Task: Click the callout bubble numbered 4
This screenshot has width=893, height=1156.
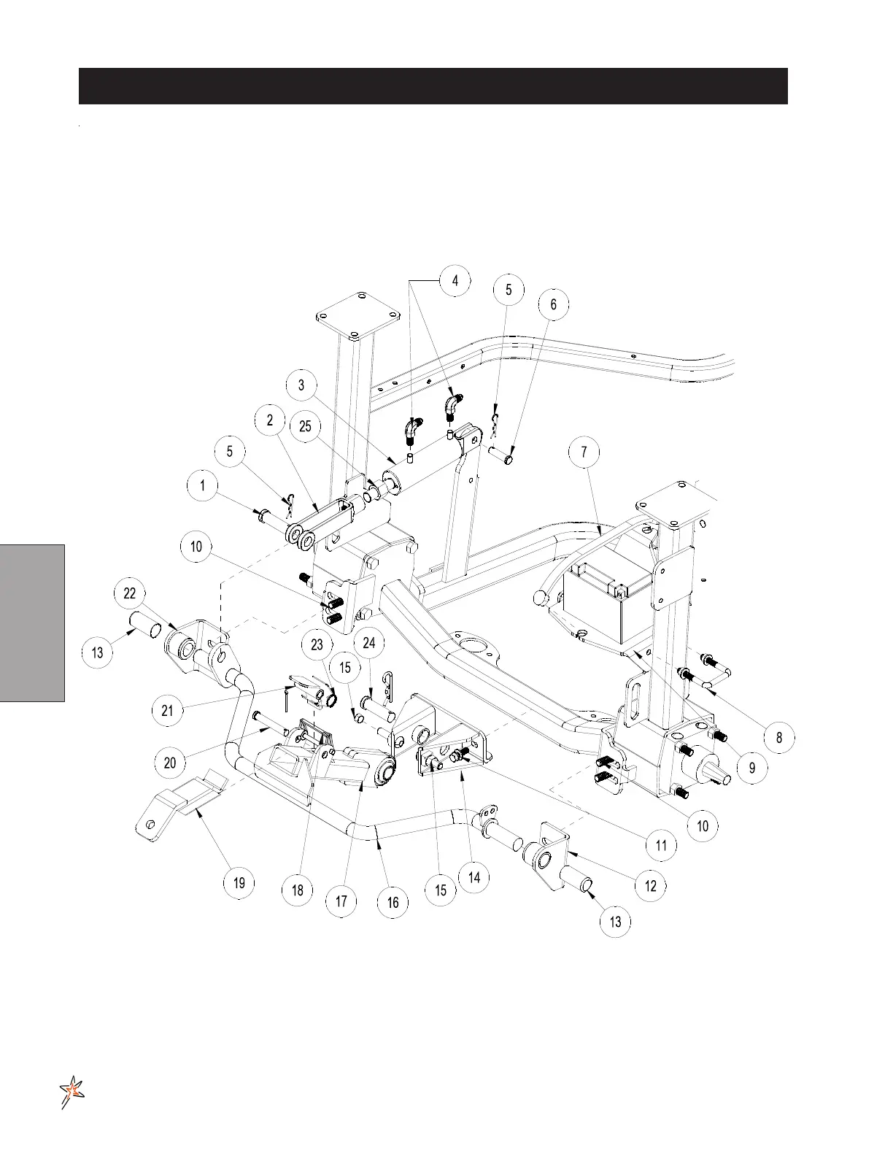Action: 455,281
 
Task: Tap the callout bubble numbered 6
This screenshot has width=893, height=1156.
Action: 554,304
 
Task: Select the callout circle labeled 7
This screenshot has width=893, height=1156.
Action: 584,452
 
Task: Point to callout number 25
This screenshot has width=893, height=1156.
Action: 306,426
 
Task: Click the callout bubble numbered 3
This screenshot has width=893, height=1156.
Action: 301,385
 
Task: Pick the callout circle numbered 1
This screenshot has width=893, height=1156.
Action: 203,485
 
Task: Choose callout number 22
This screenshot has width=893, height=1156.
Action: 129,593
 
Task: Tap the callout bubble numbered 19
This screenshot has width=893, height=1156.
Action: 239,883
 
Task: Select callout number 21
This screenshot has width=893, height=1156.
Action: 168,709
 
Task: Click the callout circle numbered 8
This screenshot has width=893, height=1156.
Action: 779,737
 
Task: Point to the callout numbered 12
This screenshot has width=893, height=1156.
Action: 651,885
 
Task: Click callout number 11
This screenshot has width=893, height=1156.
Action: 661,846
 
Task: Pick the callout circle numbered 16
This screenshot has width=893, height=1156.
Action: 393,903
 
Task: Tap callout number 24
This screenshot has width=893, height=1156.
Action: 369,642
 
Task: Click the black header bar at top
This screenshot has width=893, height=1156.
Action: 433,86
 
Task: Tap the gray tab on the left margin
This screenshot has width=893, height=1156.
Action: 32,622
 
